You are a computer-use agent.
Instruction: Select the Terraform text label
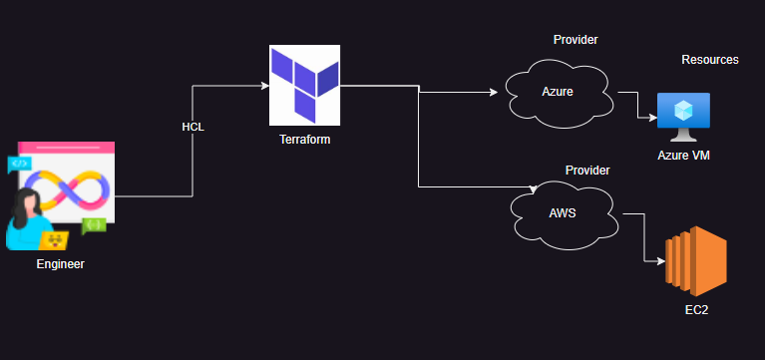tap(304, 140)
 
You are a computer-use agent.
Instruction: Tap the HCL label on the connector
tap(192, 128)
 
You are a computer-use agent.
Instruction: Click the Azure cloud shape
tap(559, 93)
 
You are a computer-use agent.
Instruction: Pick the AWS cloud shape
tap(562, 213)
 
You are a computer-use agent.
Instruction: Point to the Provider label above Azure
tap(574, 40)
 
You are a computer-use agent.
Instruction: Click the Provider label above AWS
tap(587, 171)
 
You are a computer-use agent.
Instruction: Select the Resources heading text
tap(709, 60)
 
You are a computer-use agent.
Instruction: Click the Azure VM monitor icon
tap(683, 118)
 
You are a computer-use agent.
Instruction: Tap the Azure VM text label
tap(683, 156)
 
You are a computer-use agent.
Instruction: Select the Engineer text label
tap(60, 264)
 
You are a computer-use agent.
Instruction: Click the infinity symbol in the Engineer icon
tap(67, 189)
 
